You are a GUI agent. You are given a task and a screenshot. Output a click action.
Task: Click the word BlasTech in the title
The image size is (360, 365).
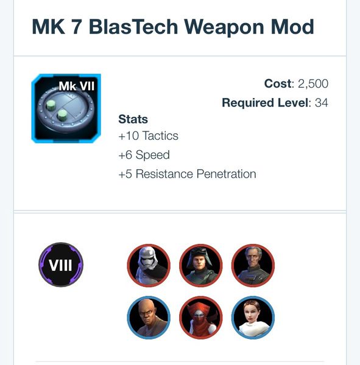(133, 27)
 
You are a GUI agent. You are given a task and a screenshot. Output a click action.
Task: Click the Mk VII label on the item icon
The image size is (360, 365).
(77, 86)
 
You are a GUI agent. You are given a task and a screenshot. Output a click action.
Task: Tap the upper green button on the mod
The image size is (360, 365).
(51, 105)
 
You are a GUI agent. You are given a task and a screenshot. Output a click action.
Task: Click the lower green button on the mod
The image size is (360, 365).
(62, 115)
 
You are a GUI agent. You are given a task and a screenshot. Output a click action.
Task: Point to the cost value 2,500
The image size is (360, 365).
(313, 84)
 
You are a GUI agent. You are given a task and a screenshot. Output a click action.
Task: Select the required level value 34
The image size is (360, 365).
(321, 103)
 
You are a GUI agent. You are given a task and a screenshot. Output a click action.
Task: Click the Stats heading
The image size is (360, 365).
(133, 119)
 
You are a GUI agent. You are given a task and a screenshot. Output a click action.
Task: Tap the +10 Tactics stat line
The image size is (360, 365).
(148, 136)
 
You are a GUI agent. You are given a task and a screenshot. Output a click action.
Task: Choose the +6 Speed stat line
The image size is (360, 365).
(144, 155)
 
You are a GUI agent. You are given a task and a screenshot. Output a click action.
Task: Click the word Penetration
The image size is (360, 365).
(226, 174)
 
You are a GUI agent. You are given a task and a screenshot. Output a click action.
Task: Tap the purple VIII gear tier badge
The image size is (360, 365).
(61, 265)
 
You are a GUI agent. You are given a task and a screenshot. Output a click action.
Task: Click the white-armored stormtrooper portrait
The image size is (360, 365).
(149, 265)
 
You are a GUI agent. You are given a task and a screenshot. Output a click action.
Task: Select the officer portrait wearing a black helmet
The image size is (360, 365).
(201, 265)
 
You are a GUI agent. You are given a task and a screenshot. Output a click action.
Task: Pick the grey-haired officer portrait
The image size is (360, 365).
(253, 265)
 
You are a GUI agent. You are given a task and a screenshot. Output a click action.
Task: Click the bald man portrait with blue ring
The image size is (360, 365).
(149, 318)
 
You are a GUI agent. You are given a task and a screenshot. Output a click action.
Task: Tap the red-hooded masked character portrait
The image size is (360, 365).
(201, 318)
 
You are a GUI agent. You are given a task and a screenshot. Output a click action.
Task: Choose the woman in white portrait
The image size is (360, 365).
(253, 318)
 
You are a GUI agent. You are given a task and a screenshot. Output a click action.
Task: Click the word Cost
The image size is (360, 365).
(278, 83)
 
